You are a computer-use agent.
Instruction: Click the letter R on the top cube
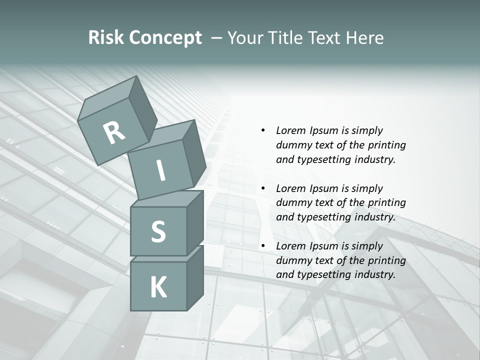click(x=114, y=132)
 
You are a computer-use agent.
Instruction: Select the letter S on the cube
click(x=158, y=231)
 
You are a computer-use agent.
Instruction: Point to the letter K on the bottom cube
click(x=158, y=287)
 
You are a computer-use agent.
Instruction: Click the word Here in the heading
click(x=364, y=37)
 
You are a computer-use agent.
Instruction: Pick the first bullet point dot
click(x=263, y=130)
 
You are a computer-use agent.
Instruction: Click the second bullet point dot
click(x=263, y=188)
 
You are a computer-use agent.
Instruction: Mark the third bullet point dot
click(x=263, y=246)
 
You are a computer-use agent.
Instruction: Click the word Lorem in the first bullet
click(x=291, y=130)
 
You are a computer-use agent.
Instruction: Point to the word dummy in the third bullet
click(x=293, y=260)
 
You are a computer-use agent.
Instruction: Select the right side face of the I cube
click(x=194, y=155)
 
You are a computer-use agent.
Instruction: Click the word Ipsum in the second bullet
click(x=323, y=188)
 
